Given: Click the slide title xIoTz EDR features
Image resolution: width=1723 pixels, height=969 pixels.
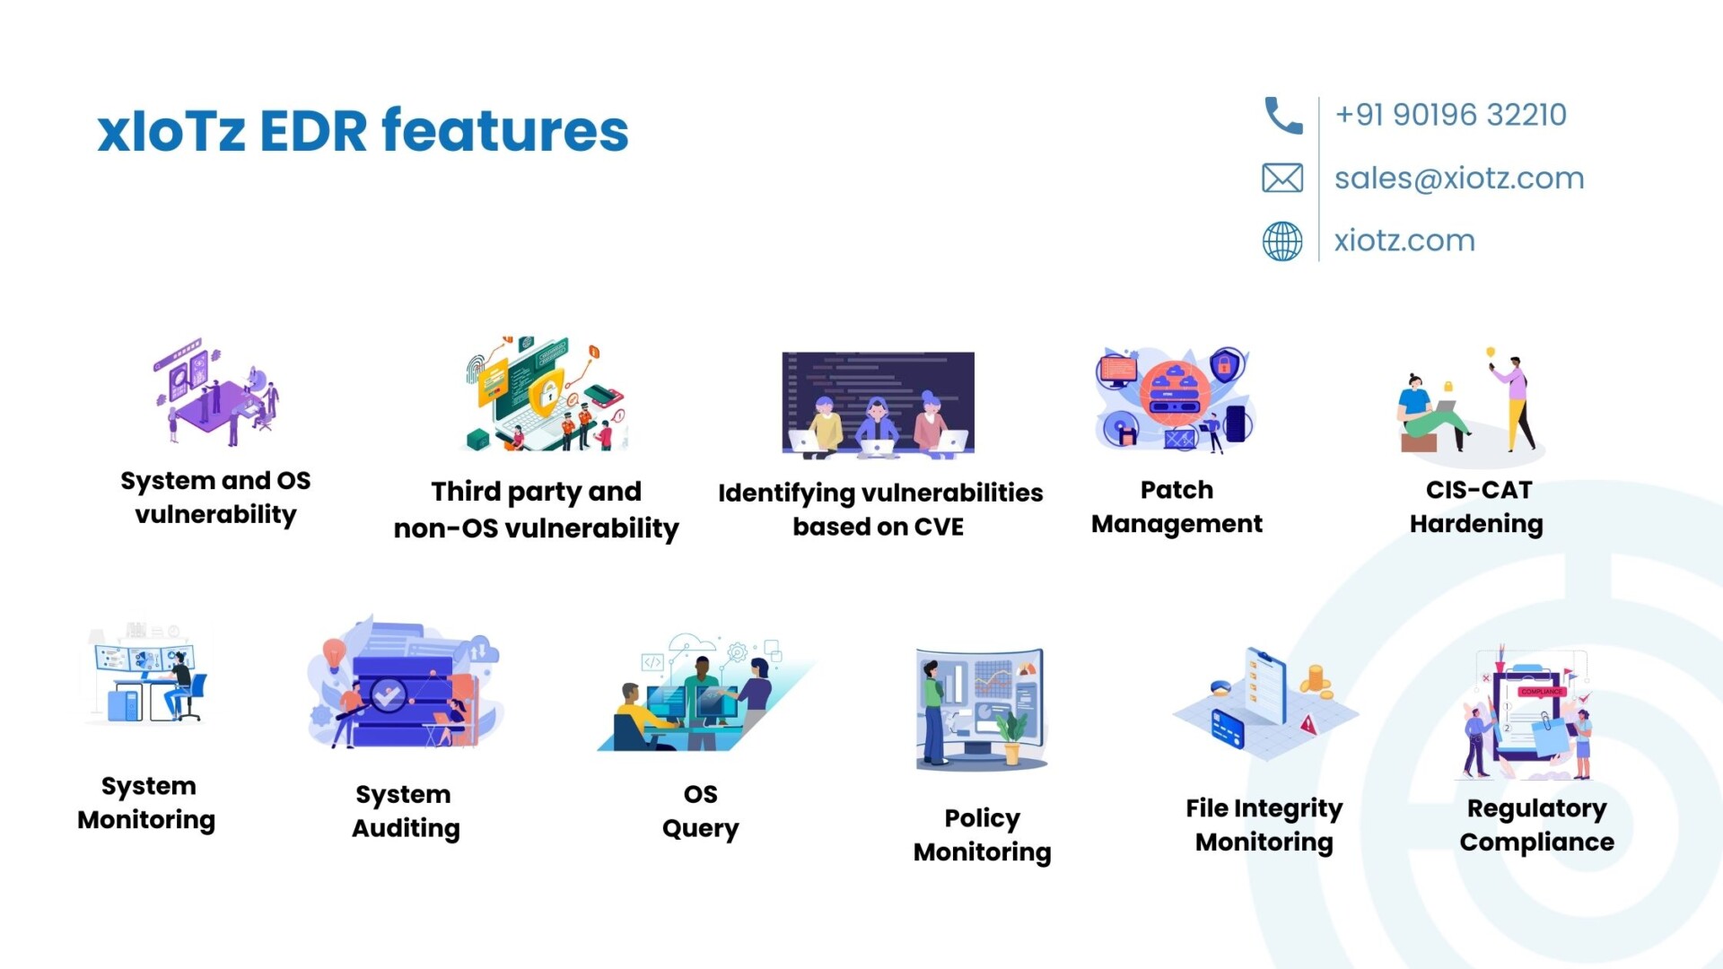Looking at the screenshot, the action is coord(363,131).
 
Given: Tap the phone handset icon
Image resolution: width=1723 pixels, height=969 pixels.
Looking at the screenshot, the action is coord(1283,116).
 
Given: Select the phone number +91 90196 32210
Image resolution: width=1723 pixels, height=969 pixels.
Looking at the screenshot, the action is coord(1450,115).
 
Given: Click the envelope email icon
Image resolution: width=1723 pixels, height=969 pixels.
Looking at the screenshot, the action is coord(1282,178).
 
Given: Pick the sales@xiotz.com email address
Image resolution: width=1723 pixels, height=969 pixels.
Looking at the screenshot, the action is coord(1459,178).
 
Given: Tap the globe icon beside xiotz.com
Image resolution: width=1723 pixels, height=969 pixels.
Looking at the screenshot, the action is coord(1282,240).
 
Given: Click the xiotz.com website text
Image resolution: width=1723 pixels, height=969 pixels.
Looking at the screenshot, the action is coord(1404,240).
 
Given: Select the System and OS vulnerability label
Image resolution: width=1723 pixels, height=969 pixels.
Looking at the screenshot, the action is coord(215,498).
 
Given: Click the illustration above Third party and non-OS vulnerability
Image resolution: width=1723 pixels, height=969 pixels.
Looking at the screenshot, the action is coord(546,394).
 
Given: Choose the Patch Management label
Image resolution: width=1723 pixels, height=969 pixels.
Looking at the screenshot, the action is coord(1176,507).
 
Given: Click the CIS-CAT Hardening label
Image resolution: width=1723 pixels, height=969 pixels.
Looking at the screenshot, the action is coord(1476,507).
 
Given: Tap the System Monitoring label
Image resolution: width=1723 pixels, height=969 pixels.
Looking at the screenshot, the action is coord(146,803).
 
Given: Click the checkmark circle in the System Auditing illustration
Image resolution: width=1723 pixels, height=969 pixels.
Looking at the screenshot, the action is coord(389,694).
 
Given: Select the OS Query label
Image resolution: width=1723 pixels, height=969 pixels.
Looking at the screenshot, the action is coord(701,811).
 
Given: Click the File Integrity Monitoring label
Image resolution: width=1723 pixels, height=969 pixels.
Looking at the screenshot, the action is coord(1264,825).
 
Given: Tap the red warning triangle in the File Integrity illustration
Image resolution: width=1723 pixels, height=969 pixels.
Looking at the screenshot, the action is coord(1308,723).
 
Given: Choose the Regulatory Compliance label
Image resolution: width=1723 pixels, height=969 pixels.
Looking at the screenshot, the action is coord(1536,825).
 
